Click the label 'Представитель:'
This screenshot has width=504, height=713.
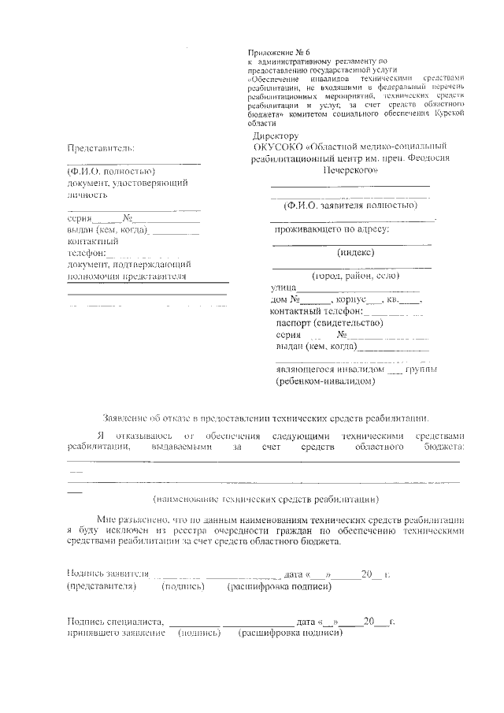pos(101,148)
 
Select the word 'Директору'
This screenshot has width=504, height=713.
pos(269,136)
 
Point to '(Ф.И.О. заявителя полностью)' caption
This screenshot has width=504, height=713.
pos(351,206)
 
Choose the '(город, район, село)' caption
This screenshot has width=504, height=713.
pos(355,276)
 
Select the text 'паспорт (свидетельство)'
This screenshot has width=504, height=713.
pos(329,323)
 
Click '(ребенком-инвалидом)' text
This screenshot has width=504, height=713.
pos(325,382)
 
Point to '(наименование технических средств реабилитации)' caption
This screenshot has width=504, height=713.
pos(265,499)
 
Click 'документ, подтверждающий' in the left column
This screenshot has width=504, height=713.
pos(129,266)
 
